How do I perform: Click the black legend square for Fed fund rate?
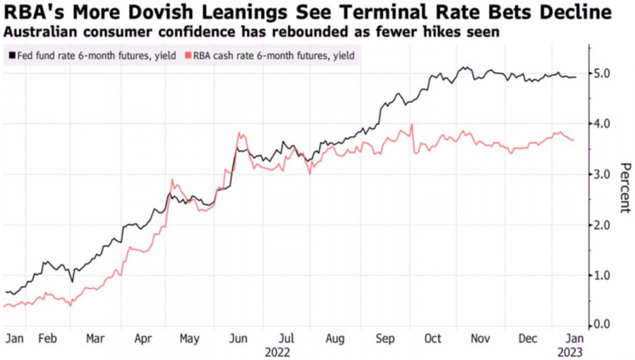pyautogui.click(x=11, y=55)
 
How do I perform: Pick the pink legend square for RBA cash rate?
pyautogui.click(x=187, y=55)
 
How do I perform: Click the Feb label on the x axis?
pyautogui.click(x=47, y=338)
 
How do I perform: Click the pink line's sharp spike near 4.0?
pyautogui.click(x=411, y=124)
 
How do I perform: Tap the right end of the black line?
pyautogui.click(x=576, y=77)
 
